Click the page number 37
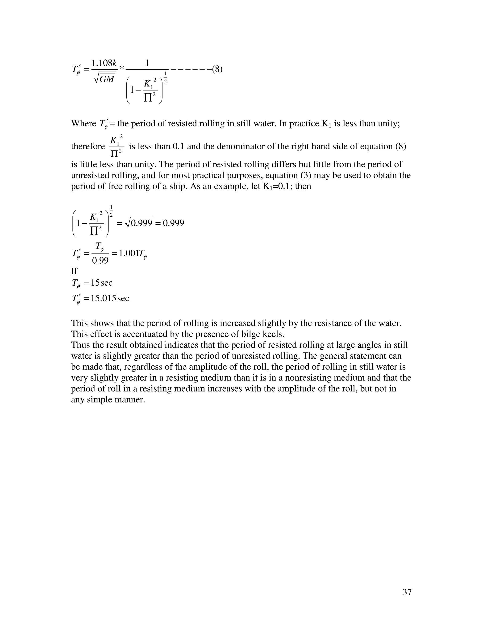(407, 592)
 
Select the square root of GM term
(104, 78)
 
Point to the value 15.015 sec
(110, 298)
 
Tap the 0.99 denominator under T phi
(100, 260)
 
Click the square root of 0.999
(139, 223)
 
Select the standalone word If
(74, 271)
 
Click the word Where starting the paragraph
(83, 124)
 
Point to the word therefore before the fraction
(88, 146)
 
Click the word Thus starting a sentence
(80, 345)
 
